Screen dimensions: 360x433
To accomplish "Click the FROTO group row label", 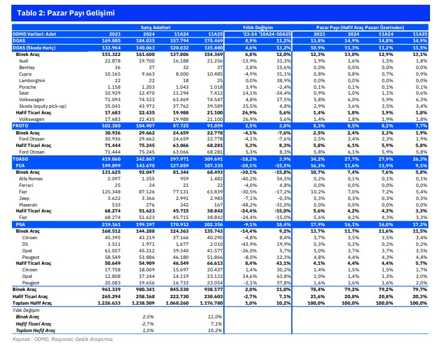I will [x=21, y=125].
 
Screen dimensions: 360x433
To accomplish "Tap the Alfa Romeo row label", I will [x=32, y=177].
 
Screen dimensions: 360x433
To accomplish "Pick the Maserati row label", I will [x=29, y=204].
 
